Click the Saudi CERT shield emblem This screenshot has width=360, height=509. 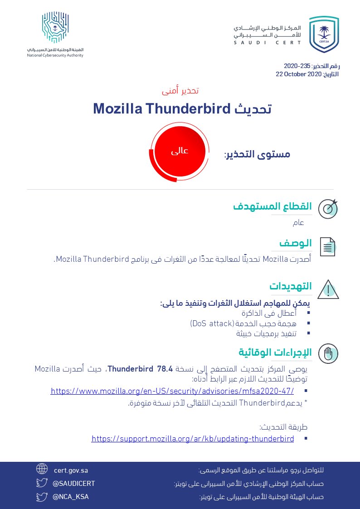tap(324, 34)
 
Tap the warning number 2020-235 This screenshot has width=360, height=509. tap(297, 66)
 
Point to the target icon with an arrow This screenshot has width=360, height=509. tap(328, 208)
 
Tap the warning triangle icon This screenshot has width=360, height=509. tap(328, 289)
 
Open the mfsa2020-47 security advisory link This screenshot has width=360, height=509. tap(172, 391)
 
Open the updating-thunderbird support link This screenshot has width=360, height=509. tap(193, 439)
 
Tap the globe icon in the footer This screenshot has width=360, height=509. tap(42, 469)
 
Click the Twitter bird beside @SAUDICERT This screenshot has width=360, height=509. tap(42, 483)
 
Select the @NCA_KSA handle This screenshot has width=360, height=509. tap(71, 497)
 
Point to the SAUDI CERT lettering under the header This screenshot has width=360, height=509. tap(268, 43)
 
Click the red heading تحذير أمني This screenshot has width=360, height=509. tap(180, 91)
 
